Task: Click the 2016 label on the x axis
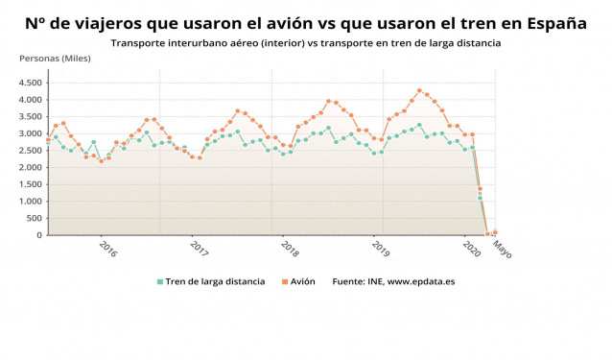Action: pyautogui.click(x=108, y=249)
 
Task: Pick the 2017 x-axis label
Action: pyautogui.click(x=200, y=249)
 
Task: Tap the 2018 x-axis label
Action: pyautogui.click(x=290, y=249)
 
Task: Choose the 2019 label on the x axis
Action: pyautogui.click(x=381, y=249)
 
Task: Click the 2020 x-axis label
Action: pyautogui.click(x=471, y=249)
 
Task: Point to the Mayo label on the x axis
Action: pyautogui.click(x=503, y=249)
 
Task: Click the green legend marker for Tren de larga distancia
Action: pyautogui.click(x=160, y=281)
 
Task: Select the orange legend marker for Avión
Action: pyautogui.click(x=283, y=281)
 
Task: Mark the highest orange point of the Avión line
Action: pyautogui.click(x=419, y=90)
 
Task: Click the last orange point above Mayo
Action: pyautogui.click(x=495, y=232)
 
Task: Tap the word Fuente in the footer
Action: pyautogui.click(x=348, y=281)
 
